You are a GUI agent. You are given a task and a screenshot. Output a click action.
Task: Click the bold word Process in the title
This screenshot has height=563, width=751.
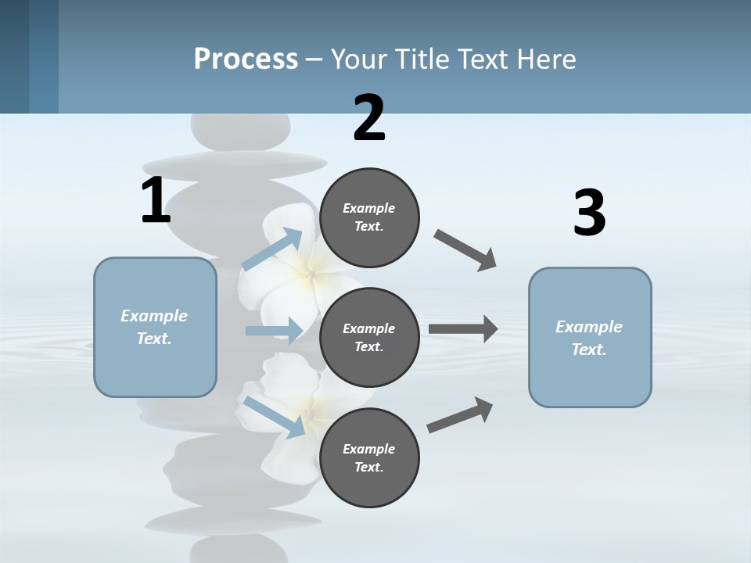(246, 59)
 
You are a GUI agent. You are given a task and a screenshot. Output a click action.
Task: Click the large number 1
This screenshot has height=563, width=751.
(156, 200)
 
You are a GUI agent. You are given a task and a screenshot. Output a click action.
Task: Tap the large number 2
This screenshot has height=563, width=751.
(369, 118)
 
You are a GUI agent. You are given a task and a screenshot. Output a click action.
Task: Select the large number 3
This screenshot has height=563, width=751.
(589, 213)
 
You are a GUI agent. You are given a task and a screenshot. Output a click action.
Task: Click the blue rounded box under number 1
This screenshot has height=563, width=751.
(155, 327)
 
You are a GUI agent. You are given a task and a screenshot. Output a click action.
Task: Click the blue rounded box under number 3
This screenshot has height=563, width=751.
(590, 338)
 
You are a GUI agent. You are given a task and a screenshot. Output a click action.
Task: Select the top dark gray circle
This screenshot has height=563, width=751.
(369, 217)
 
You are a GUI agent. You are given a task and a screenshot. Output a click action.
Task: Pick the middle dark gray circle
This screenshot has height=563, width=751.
(369, 338)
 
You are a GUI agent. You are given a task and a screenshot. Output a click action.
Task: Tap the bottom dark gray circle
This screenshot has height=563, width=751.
(369, 458)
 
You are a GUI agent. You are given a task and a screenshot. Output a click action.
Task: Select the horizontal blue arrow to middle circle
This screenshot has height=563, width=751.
(274, 331)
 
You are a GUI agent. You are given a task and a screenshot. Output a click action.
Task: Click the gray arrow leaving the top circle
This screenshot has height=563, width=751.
(465, 250)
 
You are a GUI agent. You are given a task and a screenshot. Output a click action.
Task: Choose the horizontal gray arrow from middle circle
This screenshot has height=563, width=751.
(463, 329)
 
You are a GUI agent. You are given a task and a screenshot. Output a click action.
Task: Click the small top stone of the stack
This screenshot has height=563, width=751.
(241, 130)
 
